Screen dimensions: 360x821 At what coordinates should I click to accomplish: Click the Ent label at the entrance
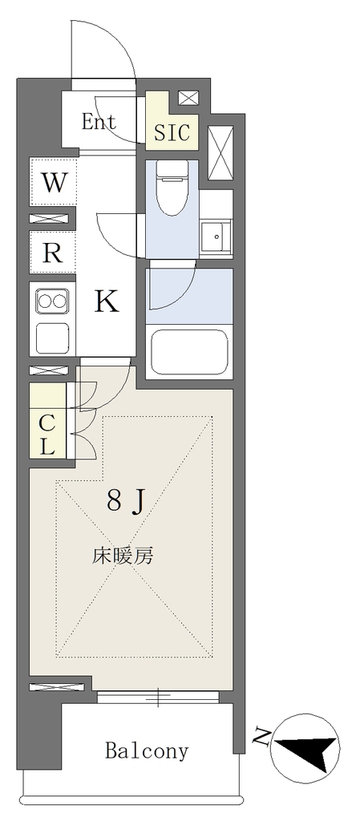pyautogui.click(x=99, y=122)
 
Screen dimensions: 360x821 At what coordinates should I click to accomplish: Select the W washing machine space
pyautogui.click(x=54, y=182)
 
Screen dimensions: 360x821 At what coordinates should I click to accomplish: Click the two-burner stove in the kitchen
pyautogui.click(x=52, y=301)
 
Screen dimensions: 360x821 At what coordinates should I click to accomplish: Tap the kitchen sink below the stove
pyautogui.click(x=52, y=338)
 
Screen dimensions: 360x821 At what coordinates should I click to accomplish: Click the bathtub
pyautogui.click(x=189, y=352)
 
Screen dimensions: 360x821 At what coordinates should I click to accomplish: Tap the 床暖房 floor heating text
pyautogui.click(x=123, y=556)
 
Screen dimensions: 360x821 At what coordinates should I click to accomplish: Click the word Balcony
pyautogui.click(x=147, y=750)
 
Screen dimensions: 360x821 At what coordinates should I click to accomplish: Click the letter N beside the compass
pyautogui.click(x=260, y=738)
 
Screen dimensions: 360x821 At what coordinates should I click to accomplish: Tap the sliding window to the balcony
pyautogui.click(x=158, y=697)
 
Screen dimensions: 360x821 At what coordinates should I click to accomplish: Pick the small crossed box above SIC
pyautogui.click(x=188, y=98)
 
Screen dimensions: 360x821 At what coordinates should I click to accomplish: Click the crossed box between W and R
pyautogui.click(x=49, y=219)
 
